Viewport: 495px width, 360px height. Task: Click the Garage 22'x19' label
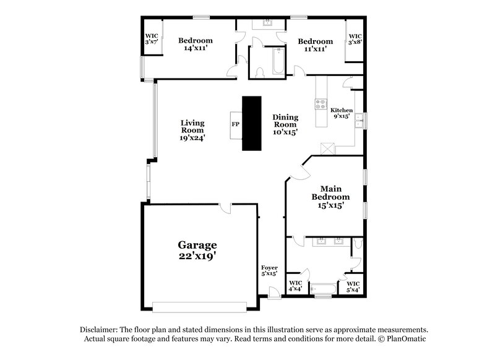tap(198, 250)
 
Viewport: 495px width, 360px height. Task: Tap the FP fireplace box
tap(235, 124)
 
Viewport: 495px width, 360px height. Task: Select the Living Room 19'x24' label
tap(192, 131)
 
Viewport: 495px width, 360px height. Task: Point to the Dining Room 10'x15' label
tap(285, 124)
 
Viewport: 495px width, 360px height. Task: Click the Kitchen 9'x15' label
tap(341, 113)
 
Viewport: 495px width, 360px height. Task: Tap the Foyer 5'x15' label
tap(269, 270)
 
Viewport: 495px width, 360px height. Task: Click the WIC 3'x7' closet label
tap(150, 39)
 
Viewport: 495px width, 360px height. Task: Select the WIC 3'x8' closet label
tap(355, 39)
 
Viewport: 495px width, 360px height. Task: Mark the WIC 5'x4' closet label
tap(353, 286)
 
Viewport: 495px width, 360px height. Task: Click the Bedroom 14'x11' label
tap(195, 45)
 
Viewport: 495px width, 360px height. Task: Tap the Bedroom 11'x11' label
tap(315, 45)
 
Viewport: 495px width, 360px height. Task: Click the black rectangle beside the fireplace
tap(252, 123)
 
